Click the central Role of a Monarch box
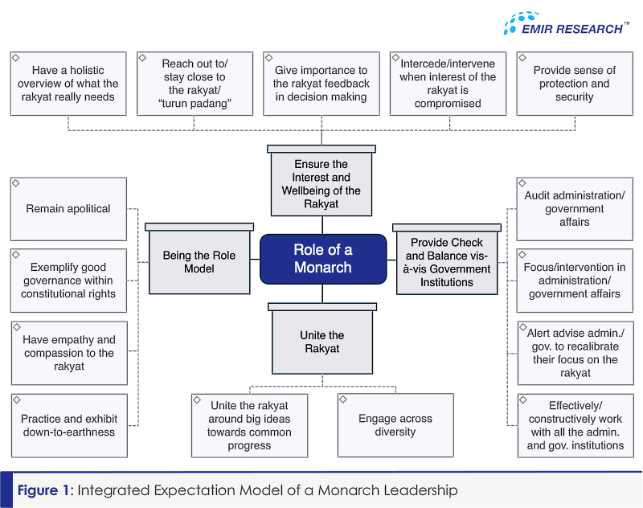point(323,259)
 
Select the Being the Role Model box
point(199,259)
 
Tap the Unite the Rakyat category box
point(322,338)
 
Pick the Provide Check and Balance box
point(447,259)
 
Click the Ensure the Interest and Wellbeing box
point(321,180)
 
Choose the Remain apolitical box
point(68,209)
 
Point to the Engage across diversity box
point(395,425)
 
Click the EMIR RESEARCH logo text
point(571,29)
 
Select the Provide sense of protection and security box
point(575,84)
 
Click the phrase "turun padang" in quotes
point(195,104)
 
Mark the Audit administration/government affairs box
point(575,209)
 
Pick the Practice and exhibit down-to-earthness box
point(69,425)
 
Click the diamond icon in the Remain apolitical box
point(16,182)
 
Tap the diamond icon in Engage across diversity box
point(343,399)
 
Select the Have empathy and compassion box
point(69,353)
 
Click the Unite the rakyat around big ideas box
point(249,425)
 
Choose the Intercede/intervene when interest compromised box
point(448,84)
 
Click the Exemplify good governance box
point(68,281)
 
